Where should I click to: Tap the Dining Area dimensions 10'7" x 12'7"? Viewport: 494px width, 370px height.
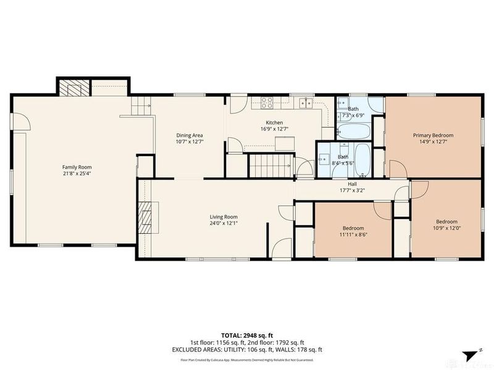pos(190,142)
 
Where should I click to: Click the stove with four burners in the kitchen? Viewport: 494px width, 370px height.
pos(267,102)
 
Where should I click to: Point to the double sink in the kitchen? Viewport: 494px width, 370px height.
pos(302,102)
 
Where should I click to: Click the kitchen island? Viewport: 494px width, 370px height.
pos(285,144)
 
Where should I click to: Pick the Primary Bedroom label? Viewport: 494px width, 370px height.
pos(433,135)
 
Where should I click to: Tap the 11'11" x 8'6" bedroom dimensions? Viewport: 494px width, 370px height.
pos(354,235)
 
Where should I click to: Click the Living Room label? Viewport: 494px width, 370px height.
pos(224,216)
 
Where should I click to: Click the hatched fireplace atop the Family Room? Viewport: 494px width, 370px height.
pos(75,88)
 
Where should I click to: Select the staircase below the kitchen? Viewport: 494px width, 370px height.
pos(268,165)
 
